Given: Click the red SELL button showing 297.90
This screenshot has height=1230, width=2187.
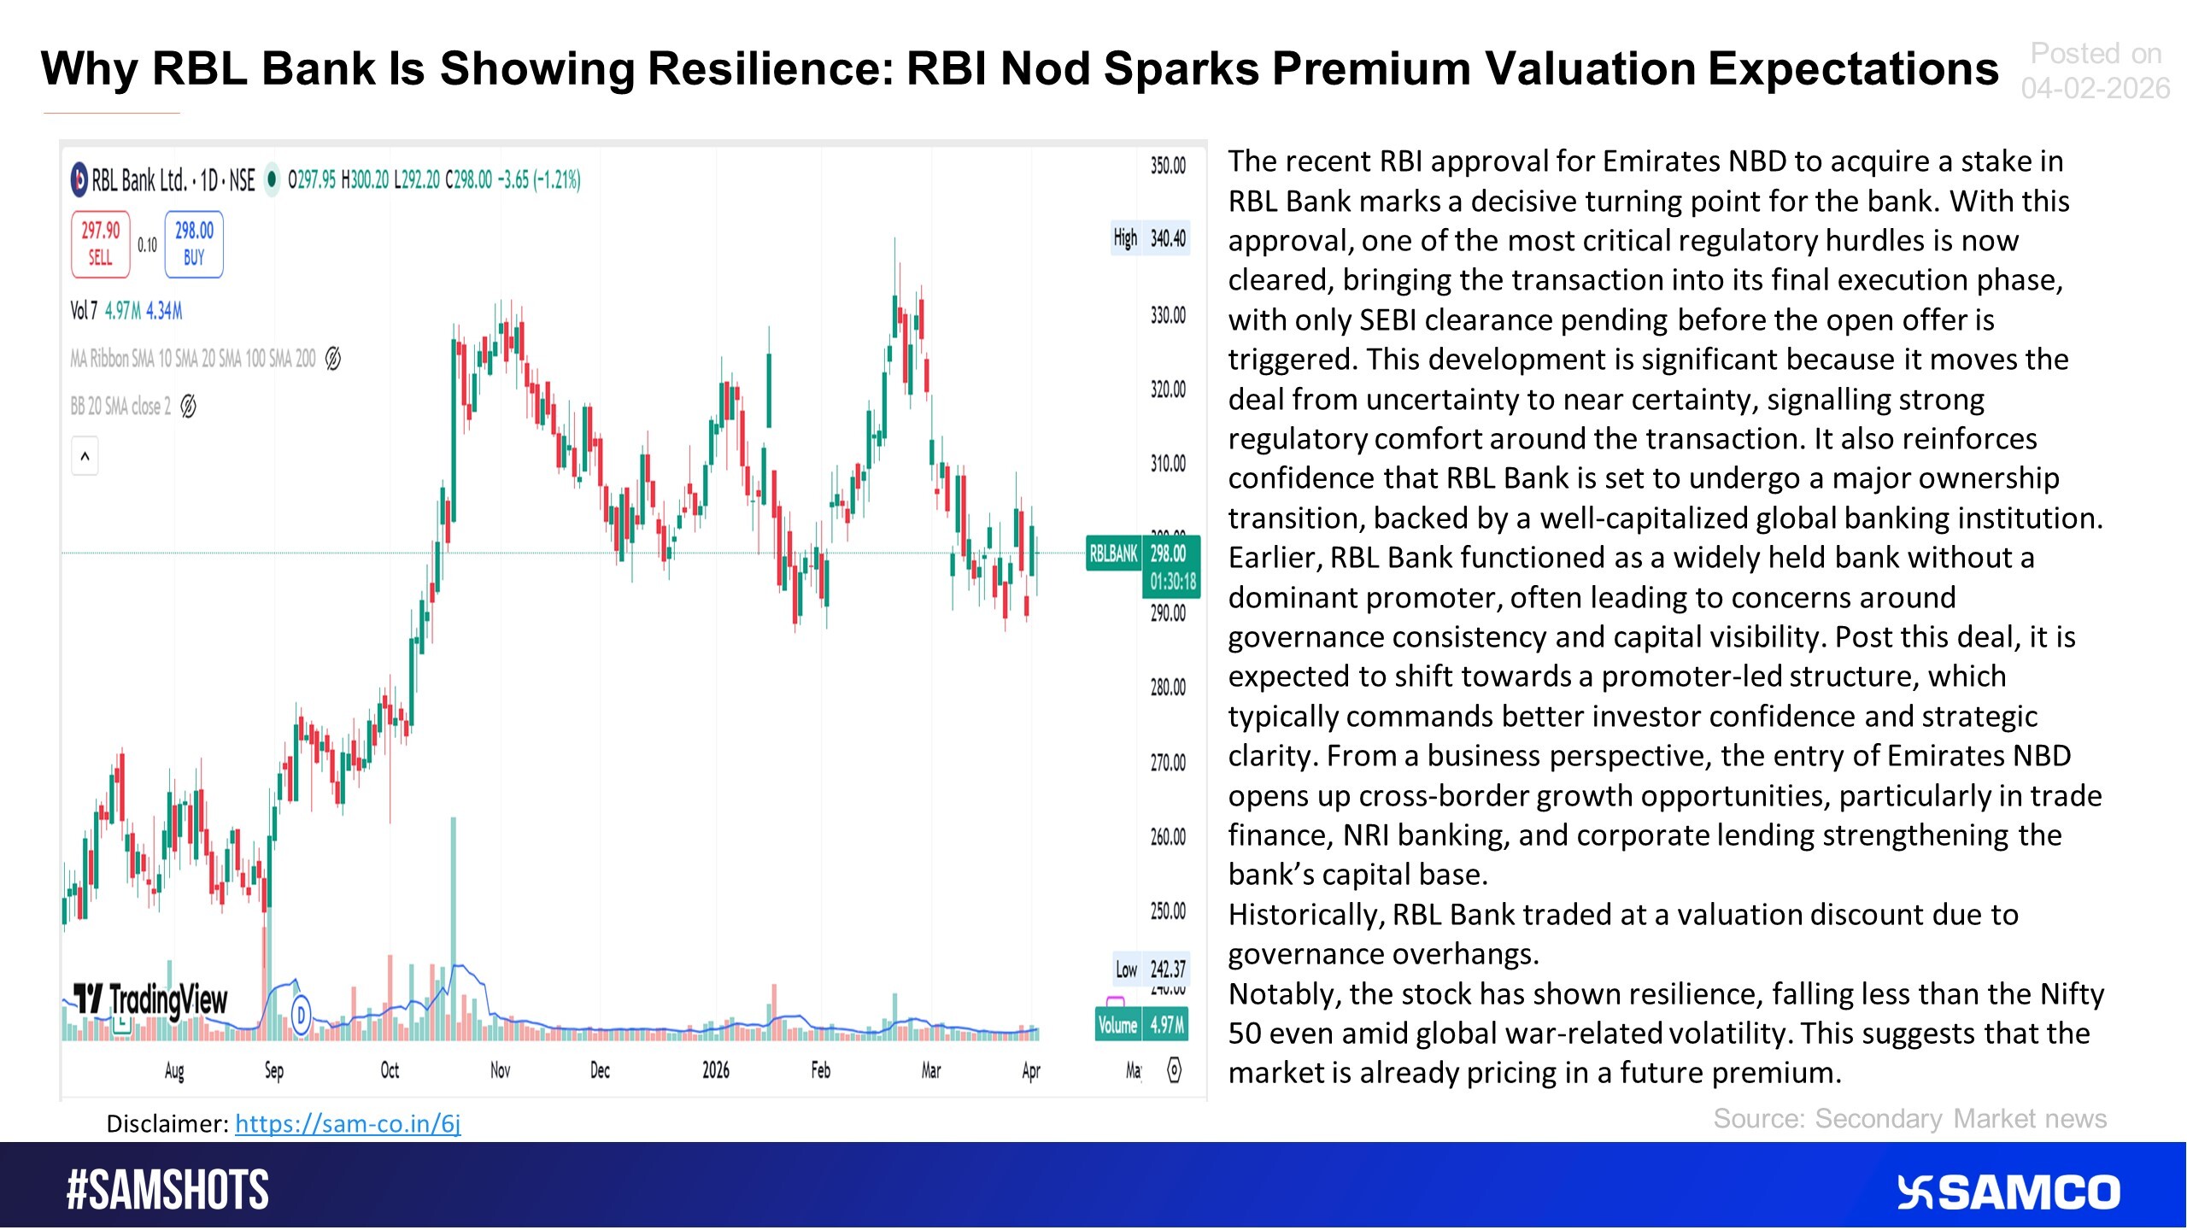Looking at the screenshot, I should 100,244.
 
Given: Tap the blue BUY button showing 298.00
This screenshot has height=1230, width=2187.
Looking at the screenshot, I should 194,244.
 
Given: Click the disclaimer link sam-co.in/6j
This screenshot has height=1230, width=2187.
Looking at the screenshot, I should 348,1123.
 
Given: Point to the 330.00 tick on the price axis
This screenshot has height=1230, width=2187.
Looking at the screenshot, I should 1168,315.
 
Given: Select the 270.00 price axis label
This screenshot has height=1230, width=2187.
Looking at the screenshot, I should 1168,762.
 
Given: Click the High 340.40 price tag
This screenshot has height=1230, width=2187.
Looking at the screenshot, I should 1150,238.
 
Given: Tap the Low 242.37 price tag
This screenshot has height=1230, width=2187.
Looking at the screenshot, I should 1150,969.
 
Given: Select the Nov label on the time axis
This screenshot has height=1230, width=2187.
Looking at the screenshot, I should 500,1070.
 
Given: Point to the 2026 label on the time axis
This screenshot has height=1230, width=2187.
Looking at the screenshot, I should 715,1070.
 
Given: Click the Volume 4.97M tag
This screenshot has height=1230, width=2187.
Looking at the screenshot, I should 1141,1024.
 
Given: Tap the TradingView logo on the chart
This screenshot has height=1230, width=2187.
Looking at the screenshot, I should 151,999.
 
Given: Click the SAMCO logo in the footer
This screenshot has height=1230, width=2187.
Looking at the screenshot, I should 2008,1192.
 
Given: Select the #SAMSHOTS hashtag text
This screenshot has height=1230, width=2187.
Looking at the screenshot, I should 167,1191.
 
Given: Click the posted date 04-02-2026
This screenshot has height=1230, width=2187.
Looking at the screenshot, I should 2095,88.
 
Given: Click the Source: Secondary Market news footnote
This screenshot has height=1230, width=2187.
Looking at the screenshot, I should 1909,1119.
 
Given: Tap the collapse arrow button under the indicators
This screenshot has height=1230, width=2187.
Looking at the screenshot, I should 85,456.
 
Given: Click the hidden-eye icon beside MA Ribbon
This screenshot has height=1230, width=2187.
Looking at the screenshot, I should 333,359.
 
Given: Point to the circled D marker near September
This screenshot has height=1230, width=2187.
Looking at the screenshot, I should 301,1015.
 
